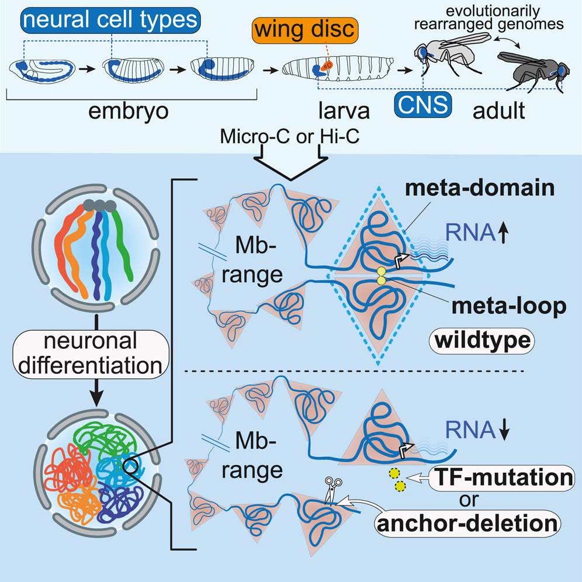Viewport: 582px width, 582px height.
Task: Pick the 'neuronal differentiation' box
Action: tap(92, 355)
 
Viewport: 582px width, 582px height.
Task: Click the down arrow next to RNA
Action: tap(505, 431)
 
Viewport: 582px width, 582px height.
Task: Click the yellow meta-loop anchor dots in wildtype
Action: tap(383, 277)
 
